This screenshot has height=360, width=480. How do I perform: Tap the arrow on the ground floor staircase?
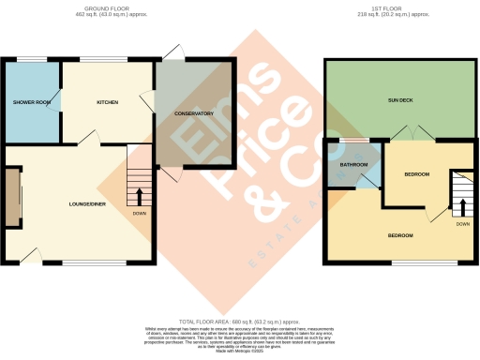click(140, 196)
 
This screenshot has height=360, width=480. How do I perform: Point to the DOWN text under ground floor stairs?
click(140, 213)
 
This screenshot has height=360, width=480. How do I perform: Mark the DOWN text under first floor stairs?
click(463, 224)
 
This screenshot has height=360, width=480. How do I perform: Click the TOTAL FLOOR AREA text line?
click(239, 322)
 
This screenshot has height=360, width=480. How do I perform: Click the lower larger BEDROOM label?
click(400, 235)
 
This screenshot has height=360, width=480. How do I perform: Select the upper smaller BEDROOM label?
click(416, 175)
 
